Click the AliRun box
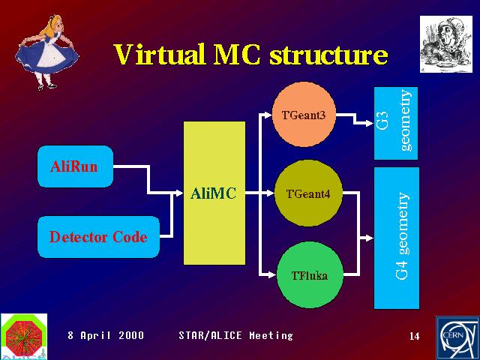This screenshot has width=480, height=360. coord(75,166)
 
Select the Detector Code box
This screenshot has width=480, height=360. coord(98,237)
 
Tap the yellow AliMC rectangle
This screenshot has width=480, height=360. coord(214,193)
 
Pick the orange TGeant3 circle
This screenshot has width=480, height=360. coord(304,114)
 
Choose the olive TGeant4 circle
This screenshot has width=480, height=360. coord(308,193)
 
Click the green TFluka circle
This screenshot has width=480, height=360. coord(310,274)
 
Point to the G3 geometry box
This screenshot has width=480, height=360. coord(396,123)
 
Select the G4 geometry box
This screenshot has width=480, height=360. coord(397,238)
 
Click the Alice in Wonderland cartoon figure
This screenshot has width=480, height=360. coord(46,52)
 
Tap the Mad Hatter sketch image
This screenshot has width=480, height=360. coord(446,44)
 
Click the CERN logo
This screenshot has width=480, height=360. coord(457,338)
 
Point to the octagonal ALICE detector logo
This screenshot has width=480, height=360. coord(24,336)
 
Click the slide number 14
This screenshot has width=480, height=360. coord(415,336)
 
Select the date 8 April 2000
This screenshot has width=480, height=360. coord(106,335)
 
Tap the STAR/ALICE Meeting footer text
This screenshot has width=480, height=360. coord(235,335)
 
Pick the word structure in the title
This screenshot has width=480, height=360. coord(328,55)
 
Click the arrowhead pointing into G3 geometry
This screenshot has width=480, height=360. coord(370,123)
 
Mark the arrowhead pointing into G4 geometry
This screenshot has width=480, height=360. coord(370,238)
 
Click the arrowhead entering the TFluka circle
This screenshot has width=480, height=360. coord(272,274)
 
